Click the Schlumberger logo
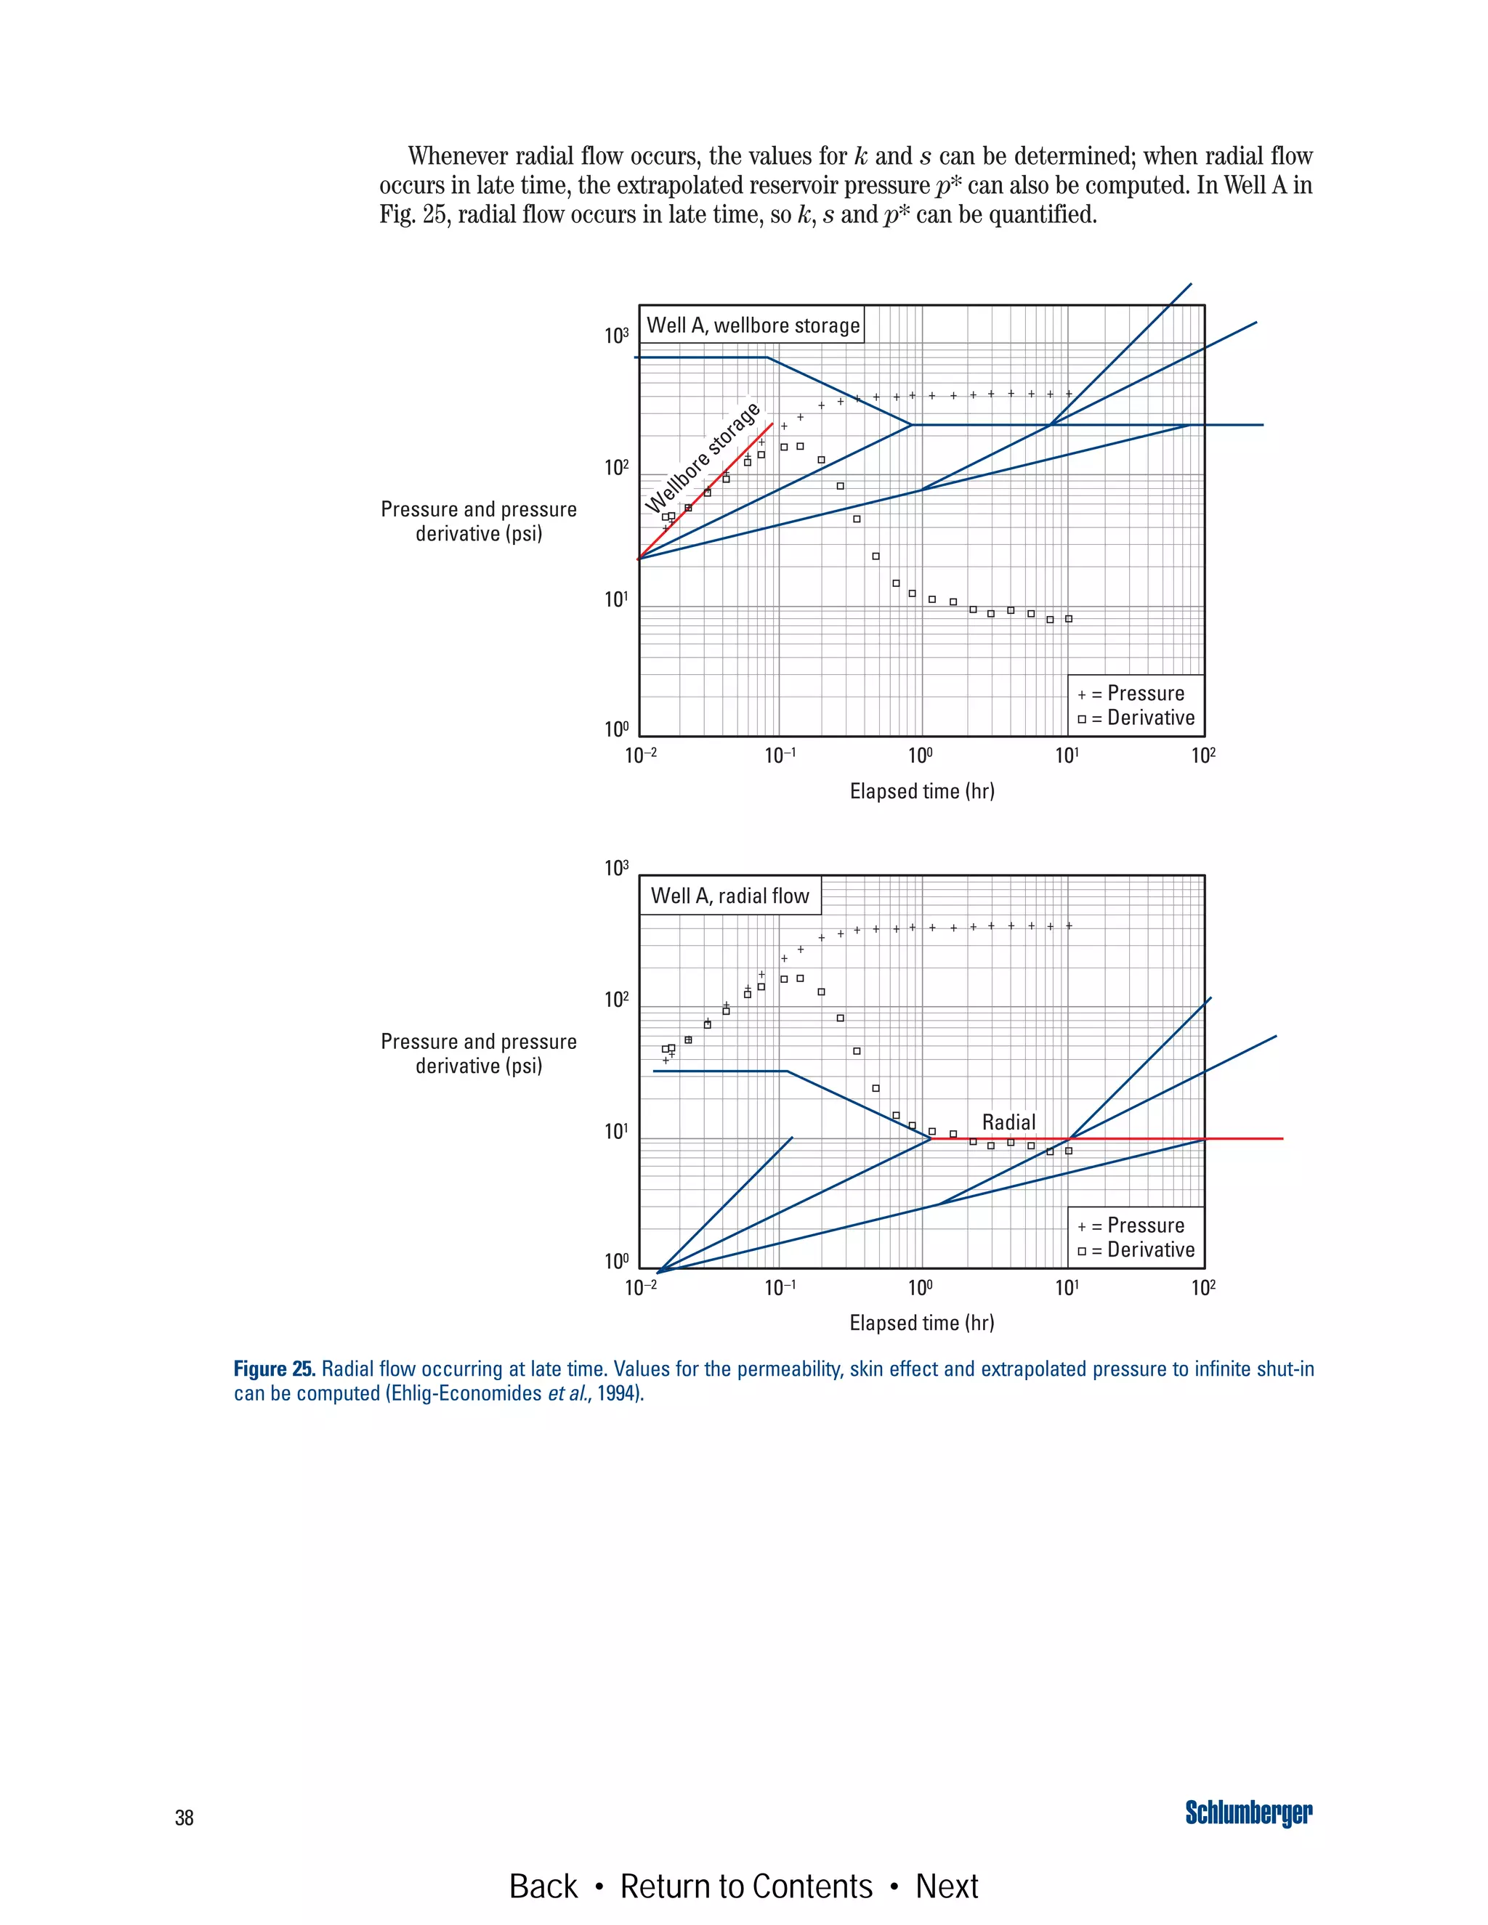[x=1248, y=1812]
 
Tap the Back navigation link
[x=543, y=1886]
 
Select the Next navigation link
[x=947, y=1886]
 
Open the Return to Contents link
[x=745, y=1886]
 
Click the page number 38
[x=185, y=1817]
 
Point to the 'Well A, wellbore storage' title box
[x=753, y=325]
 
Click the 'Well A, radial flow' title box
[x=730, y=896]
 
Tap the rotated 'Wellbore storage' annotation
[x=703, y=458]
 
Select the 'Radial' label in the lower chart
[x=1008, y=1122]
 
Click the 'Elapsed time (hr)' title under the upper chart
[x=922, y=790]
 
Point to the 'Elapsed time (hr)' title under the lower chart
[x=922, y=1322]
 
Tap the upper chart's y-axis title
[x=479, y=521]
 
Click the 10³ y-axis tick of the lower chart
[x=616, y=869]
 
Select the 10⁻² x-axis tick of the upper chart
[x=641, y=755]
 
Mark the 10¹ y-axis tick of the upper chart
[x=616, y=600]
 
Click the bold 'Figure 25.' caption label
[x=274, y=1369]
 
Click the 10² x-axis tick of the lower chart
[x=1203, y=1288]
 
